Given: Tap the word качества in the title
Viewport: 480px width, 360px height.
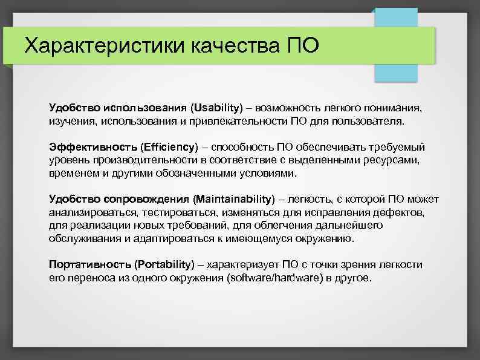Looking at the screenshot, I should point(232,45).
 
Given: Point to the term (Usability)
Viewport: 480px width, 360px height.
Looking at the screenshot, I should point(216,108).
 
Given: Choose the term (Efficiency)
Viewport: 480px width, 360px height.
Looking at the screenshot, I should point(169,147).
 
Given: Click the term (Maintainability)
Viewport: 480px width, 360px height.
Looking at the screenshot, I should point(234,199).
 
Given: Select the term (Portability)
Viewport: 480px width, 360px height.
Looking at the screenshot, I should point(165,264).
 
